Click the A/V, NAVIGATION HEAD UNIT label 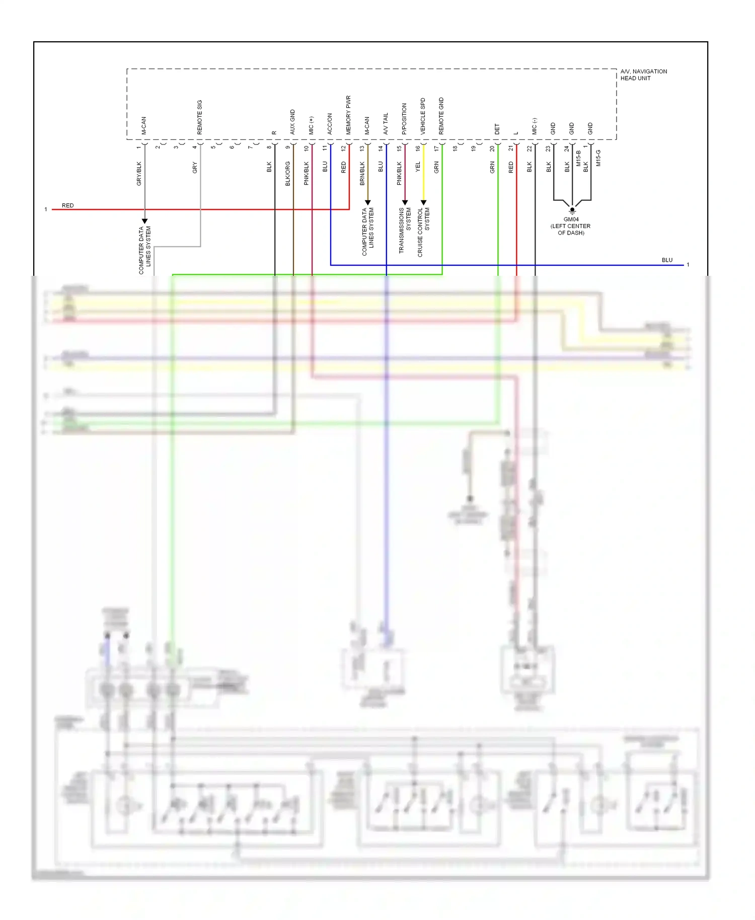click(643, 74)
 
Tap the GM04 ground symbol click(572, 210)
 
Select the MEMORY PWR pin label click(348, 115)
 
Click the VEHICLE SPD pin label click(423, 116)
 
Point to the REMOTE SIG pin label click(199, 117)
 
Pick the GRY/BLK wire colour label click(139, 173)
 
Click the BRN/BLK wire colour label click(362, 173)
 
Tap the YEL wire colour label click(418, 167)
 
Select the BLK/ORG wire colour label click(288, 173)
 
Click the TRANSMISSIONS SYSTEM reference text click(405, 230)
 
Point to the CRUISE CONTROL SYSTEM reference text click(423, 232)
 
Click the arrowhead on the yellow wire click(423, 202)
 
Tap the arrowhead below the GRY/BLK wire click(144, 221)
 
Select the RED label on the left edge click(67, 205)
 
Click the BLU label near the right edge click(667, 260)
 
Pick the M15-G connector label click(598, 158)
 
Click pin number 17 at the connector click(436, 148)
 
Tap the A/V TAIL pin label click(386, 123)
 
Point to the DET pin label click(497, 129)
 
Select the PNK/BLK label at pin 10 click(307, 173)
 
